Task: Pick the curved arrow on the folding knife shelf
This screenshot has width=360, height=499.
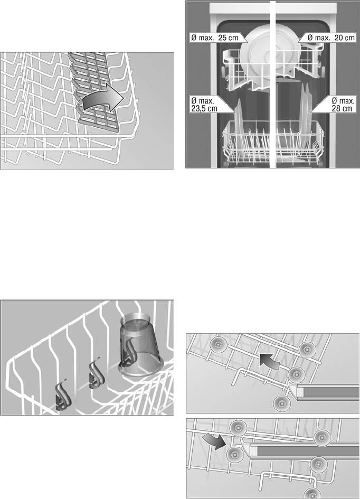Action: click(102, 98)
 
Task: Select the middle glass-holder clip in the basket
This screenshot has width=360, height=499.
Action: click(96, 374)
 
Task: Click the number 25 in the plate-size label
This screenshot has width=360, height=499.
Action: click(223, 38)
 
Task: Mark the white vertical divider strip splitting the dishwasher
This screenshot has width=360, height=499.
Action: click(272, 84)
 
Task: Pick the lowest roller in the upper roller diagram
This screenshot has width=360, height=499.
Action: click(281, 403)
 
